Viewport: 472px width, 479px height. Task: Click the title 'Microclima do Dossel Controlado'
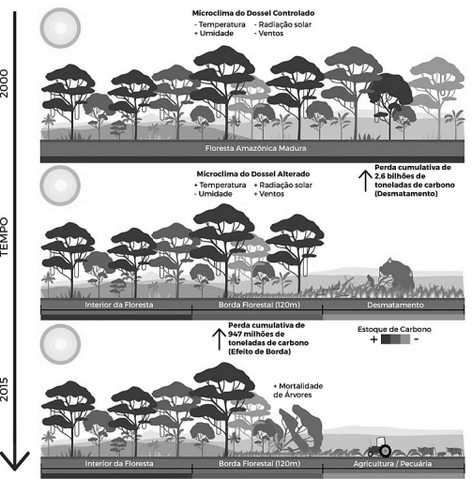[253, 13]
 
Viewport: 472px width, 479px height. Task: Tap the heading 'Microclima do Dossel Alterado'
[253, 174]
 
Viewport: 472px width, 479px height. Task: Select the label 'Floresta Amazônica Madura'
[255, 148]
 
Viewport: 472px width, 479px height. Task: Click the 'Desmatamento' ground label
[395, 305]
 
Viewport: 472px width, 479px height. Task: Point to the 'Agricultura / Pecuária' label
[392, 464]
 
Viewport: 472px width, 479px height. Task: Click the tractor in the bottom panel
[379, 447]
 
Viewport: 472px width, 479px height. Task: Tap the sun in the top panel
[60, 28]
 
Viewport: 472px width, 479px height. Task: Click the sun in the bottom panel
[60, 344]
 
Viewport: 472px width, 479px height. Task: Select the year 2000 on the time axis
[5, 83]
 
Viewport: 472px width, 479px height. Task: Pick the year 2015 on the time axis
[5, 389]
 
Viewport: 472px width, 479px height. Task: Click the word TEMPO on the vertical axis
[4, 237]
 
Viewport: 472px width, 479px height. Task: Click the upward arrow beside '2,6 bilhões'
[365, 181]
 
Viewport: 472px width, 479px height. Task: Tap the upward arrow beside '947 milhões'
[220, 339]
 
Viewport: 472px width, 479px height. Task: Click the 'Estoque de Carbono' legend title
[394, 329]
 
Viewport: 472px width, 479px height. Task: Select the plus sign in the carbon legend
[373, 339]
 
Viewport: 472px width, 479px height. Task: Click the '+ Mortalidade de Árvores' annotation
[298, 391]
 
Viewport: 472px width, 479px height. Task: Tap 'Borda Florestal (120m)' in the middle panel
[259, 305]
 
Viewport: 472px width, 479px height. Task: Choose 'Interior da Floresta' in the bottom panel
[119, 464]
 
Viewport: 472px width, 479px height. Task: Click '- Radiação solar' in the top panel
[282, 24]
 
